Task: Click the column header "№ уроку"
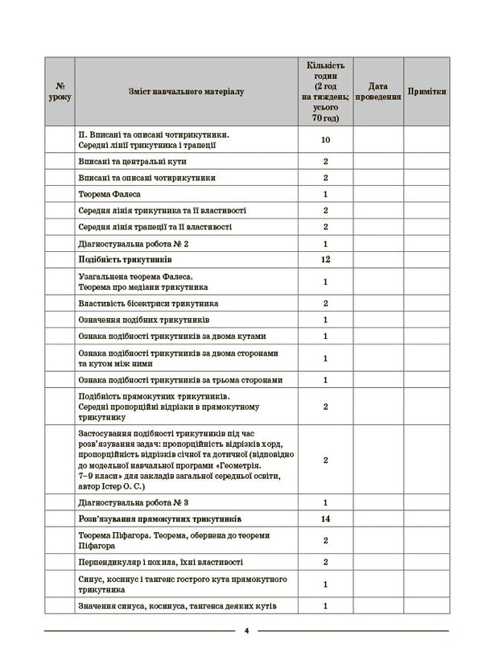pos(60,92)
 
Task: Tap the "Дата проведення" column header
pos(378,92)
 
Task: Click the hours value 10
pos(325,140)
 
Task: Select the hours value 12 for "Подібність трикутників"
pos(325,261)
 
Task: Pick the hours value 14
pos(325,519)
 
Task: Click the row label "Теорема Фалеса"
pos(111,194)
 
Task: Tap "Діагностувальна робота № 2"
pos(134,244)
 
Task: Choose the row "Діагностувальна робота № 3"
pos(134,502)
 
